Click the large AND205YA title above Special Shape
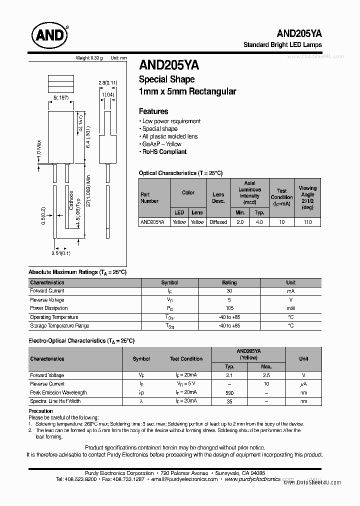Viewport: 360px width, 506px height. (169, 65)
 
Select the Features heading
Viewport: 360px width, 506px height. (153, 111)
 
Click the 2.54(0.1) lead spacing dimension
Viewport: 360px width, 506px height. (61, 253)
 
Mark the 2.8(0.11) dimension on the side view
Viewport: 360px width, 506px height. (107, 83)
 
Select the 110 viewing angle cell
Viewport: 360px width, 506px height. (307, 222)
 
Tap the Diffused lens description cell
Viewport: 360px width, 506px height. (218, 222)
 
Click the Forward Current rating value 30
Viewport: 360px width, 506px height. (229, 291)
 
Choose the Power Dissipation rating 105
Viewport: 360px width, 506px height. (229, 308)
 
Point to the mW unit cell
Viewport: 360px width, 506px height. (290, 308)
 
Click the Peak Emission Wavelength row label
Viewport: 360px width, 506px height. (58, 392)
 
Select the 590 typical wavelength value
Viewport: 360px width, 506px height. (229, 393)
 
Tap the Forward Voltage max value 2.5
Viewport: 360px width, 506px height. (266, 375)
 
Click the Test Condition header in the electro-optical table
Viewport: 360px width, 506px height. (186, 358)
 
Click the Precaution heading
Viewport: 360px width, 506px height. (41, 411)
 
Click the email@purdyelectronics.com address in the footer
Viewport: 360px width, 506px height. (184, 479)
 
